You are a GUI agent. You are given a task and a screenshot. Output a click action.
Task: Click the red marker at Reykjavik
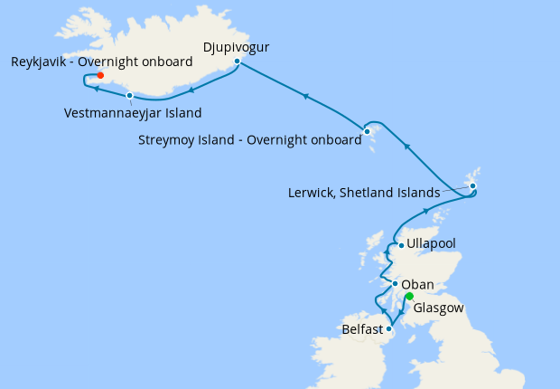pos(100,75)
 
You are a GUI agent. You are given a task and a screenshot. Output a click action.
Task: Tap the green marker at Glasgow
pos(409,296)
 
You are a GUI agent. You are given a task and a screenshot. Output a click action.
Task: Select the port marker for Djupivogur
pos(237,62)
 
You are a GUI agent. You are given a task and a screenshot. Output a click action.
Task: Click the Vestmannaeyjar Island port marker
pos(130,95)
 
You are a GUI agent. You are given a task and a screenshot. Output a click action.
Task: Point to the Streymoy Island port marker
pos(368,132)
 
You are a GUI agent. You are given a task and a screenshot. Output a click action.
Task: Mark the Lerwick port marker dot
pos(472,186)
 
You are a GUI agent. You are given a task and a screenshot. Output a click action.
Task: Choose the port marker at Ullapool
pos(401,245)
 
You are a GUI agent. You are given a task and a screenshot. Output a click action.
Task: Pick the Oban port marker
pos(395,284)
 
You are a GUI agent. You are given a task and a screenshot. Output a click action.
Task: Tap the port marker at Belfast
pos(388,329)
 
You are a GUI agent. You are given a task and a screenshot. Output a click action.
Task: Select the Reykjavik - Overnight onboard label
pos(102,62)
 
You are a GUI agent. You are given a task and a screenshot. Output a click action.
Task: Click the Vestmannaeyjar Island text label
pos(134,113)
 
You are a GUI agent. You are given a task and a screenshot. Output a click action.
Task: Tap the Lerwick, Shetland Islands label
pos(363,193)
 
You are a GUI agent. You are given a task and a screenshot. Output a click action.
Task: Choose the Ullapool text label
pos(432,244)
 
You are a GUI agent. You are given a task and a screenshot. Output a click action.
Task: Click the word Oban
pos(417,283)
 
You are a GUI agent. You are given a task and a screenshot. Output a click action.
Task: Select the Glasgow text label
pos(439,308)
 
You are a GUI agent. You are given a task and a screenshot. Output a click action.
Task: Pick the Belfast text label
pos(362,330)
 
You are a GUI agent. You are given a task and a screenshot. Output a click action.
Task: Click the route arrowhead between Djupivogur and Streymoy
pos(307,95)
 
